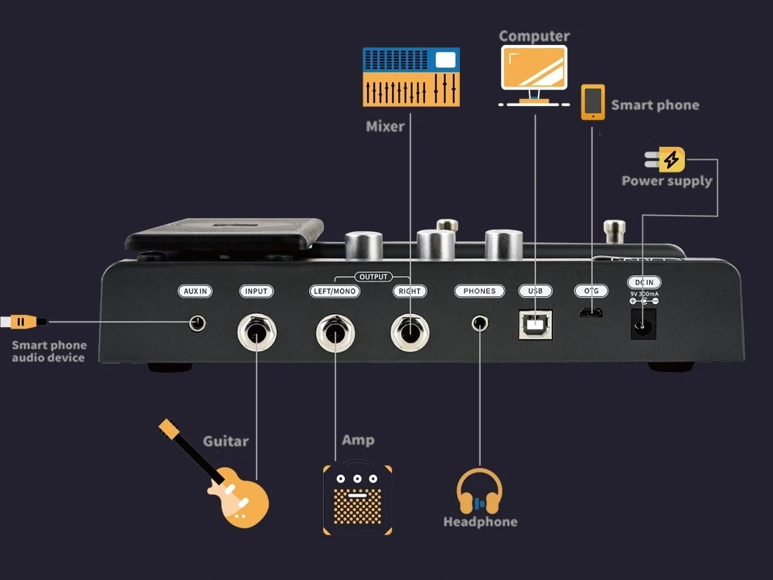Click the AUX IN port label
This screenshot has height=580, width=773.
coord(195,292)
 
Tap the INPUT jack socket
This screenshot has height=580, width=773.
coord(256,333)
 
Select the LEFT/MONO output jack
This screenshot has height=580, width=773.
coord(335,333)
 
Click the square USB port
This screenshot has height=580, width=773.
coord(535,325)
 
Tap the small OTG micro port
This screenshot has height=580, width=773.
coord(591,313)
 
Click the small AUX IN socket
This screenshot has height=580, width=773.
coord(199,322)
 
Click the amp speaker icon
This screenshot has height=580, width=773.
coord(356,500)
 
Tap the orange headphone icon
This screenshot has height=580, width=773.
coord(479,493)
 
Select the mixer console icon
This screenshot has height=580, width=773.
coord(411,77)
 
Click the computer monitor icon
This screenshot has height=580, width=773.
coord(534,74)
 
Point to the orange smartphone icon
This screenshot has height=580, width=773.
coord(593,102)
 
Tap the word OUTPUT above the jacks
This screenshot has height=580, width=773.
coord(373,277)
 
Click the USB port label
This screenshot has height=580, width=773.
coord(535,292)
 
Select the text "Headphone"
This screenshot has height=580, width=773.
coord(480,522)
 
